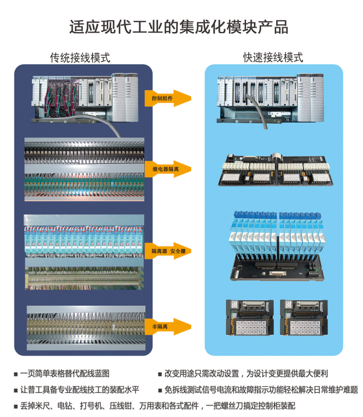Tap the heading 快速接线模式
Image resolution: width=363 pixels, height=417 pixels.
pos(273,58)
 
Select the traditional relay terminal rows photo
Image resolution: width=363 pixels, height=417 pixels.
pos(84,170)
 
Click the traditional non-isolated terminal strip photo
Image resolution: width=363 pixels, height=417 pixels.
pos(84,326)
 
